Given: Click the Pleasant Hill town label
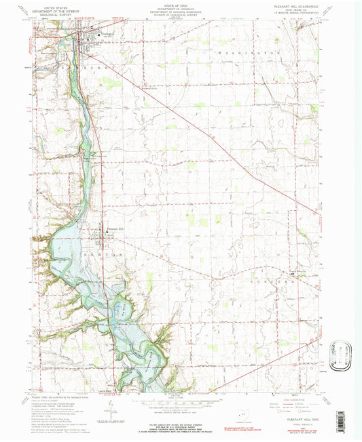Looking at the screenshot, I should coord(113,228).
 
